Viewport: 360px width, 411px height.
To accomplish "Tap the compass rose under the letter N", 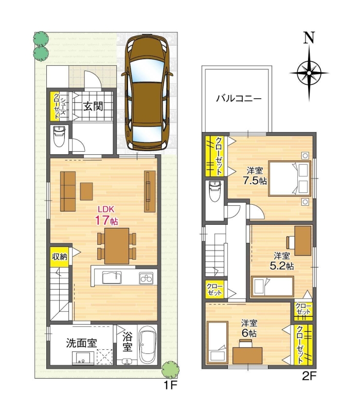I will click(309, 73).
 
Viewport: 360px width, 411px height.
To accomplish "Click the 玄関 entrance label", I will click(94, 107).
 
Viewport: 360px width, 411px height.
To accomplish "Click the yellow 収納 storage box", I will click(59, 256).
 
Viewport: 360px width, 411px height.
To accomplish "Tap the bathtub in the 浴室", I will click(147, 346).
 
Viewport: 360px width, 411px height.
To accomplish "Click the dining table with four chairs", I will click(117, 245).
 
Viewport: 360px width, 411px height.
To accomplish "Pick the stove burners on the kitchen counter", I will click(146, 278).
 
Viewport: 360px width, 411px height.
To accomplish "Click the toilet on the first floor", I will click(60, 136).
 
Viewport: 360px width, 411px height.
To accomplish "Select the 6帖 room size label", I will click(250, 329).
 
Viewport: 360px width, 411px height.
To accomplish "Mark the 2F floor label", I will click(309, 376).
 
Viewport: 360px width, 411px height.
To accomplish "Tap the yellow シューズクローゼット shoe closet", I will click(55, 106).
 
